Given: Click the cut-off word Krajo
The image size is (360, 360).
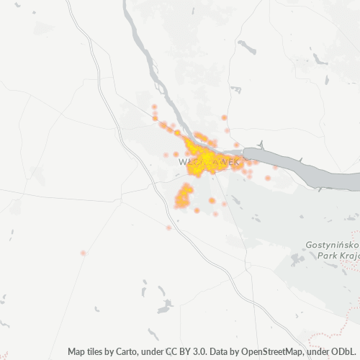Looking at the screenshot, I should pyautogui.click(x=346, y=257).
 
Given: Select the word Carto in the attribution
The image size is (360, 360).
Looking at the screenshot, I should pyautogui.click(x=142, y=351).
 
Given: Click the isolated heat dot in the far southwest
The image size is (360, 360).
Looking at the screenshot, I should pyautogui.click(x=83, y=253).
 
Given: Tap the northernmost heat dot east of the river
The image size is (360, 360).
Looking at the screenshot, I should pyautogui.click(x=224, y=117).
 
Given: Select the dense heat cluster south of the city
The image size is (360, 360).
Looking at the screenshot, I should pyautogui.click(x=185, y=194).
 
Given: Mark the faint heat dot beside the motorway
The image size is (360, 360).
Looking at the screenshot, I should pyautogui.click(x=168, y=228).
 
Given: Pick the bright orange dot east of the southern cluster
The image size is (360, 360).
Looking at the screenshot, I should pyautogui.click(x=212, y=200).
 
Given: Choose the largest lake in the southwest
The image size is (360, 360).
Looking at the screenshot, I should pyautogui.click(x=165, y=308).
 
